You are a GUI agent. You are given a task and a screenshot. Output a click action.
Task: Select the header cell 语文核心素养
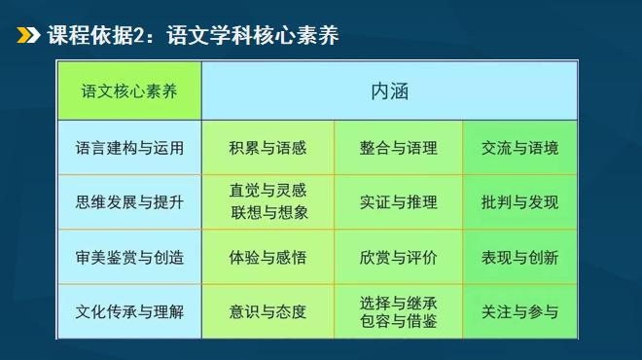128,90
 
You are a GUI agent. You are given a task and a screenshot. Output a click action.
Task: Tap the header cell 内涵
389,90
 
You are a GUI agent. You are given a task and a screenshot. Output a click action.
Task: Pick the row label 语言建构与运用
129,148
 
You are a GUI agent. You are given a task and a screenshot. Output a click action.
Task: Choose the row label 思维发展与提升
129,202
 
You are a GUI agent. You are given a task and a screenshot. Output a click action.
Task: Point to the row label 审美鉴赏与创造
129,258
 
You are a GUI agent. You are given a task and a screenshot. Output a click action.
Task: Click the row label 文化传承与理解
129,312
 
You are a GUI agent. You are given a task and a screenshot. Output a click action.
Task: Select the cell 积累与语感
267,148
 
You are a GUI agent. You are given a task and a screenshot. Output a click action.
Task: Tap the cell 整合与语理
398,148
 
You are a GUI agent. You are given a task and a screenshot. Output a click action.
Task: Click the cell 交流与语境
519,148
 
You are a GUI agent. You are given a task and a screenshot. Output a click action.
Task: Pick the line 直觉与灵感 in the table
267,192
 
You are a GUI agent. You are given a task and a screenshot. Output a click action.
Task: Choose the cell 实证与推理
398,202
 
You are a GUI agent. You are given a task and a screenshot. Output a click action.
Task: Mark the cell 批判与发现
519,202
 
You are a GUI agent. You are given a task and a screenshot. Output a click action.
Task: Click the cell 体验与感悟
267,258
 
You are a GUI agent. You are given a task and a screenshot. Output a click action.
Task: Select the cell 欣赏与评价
398,258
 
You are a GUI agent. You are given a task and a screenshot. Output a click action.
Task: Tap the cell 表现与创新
519,258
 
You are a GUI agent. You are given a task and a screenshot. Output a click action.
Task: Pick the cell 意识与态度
267,312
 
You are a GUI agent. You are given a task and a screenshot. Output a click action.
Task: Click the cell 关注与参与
519,312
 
